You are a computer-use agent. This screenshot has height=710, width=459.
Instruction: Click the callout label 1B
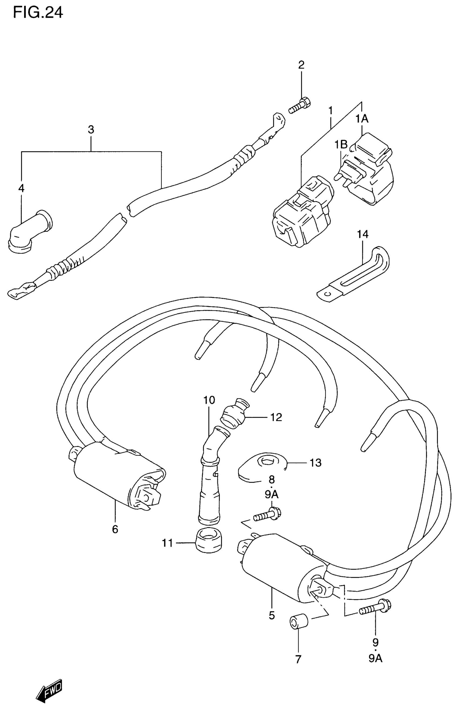[341, 145]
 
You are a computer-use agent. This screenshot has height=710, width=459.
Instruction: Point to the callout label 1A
[362, 119]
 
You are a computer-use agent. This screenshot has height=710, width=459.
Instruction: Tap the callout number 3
[91, 130]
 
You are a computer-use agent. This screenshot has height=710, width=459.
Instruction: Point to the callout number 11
[167, 543]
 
